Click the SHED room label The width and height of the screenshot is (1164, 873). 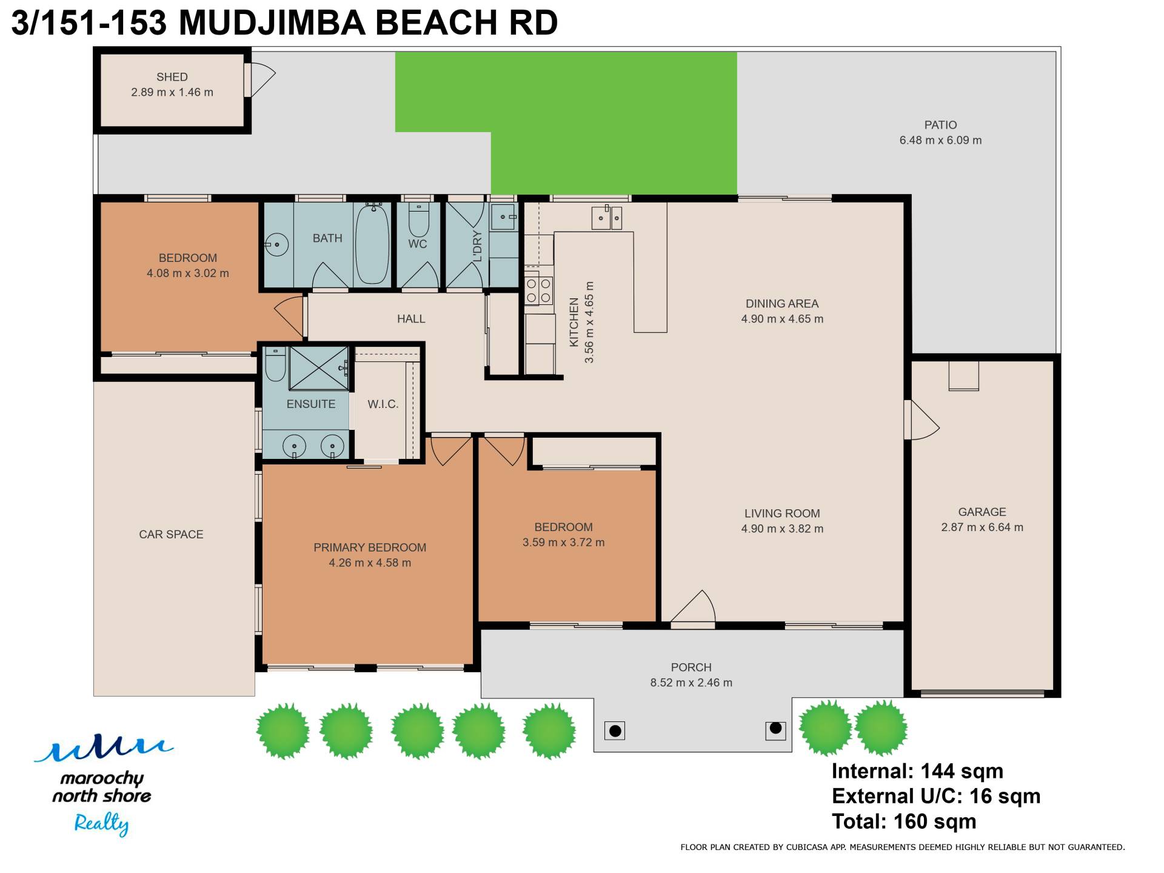point(172,77)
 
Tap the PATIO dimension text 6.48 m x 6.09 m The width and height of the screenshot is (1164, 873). point(940,140)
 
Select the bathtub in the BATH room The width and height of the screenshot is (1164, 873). point(372,244)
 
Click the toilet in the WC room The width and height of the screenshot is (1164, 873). point(419,219)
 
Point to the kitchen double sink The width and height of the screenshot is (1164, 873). point(607,218)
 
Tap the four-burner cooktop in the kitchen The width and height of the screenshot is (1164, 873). point(538,290)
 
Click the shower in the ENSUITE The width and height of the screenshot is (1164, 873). point(319,368)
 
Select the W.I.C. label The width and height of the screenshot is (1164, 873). point(383,404)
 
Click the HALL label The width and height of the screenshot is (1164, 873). point(411,319)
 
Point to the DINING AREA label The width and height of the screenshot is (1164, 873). point(782,304)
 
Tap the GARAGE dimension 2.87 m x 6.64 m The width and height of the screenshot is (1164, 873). point(982,527)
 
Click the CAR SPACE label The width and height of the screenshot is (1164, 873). point(171,534)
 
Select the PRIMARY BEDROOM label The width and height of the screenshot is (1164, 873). point(370,547)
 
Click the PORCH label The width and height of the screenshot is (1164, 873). point(691,667)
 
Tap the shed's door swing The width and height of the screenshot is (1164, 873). point(263,79)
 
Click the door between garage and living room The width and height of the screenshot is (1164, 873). point(921,420)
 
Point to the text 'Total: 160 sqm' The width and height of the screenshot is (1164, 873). point(904,821)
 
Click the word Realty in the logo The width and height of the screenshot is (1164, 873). point(101,824)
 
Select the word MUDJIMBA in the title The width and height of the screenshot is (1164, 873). point(272,23)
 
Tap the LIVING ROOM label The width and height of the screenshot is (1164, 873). point(782,513)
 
